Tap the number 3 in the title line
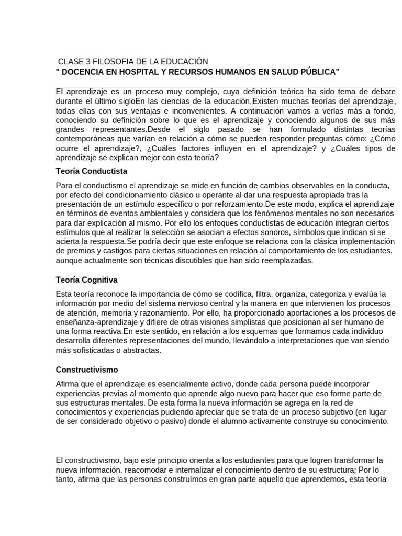(x=87, y=62)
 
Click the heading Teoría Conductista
(x=92, y=171)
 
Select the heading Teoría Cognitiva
(x=86, y=280)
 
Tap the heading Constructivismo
(x=87, y=370)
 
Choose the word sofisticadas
(x=93, y=350)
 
